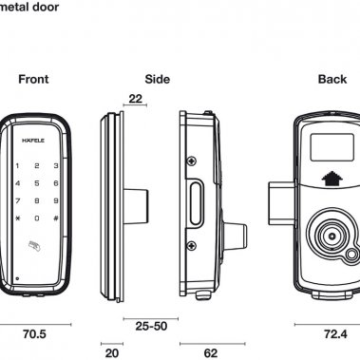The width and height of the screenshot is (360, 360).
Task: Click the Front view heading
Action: (x=33, y=79)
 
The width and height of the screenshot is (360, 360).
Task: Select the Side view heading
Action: (x=158, y=79)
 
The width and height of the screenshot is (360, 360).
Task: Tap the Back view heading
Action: (x=332, y=79)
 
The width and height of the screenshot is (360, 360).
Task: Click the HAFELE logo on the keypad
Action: (x=33, y=141)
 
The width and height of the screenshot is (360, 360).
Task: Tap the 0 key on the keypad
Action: (x=37, y=218)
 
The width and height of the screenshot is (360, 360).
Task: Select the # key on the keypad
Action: (x=56, y=218)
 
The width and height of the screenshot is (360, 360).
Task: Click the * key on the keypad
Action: (x=18, y=218)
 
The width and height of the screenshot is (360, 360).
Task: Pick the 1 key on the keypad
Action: (x=17, y=165)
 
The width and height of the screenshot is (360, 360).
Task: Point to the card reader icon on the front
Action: (x=34, y=246)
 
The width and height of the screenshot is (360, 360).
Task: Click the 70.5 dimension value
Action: (x=34, y=334)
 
